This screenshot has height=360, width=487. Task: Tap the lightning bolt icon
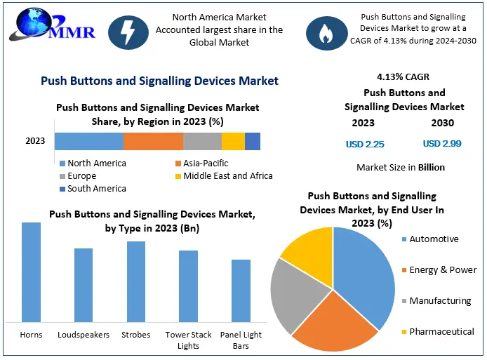pos(129,31)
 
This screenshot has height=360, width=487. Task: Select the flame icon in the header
pos(325,31)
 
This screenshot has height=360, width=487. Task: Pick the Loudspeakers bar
pos(84,284)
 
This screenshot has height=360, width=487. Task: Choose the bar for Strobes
pos(136,281)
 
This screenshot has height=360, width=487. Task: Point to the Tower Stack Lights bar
pos(188,286)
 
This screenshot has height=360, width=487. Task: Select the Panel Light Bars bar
pos(241,290)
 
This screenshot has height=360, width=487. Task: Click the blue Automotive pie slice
pos(365,274)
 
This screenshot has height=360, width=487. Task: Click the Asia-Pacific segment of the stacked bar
pos(153,141)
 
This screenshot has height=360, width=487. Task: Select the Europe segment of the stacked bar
pos(202,141)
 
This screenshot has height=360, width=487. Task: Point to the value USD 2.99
pos(442,144)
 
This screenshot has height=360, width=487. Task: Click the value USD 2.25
pos(365,144)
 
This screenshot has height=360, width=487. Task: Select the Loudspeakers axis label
pos(84,335)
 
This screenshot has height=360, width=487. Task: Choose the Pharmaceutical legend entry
pos(441,331)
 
